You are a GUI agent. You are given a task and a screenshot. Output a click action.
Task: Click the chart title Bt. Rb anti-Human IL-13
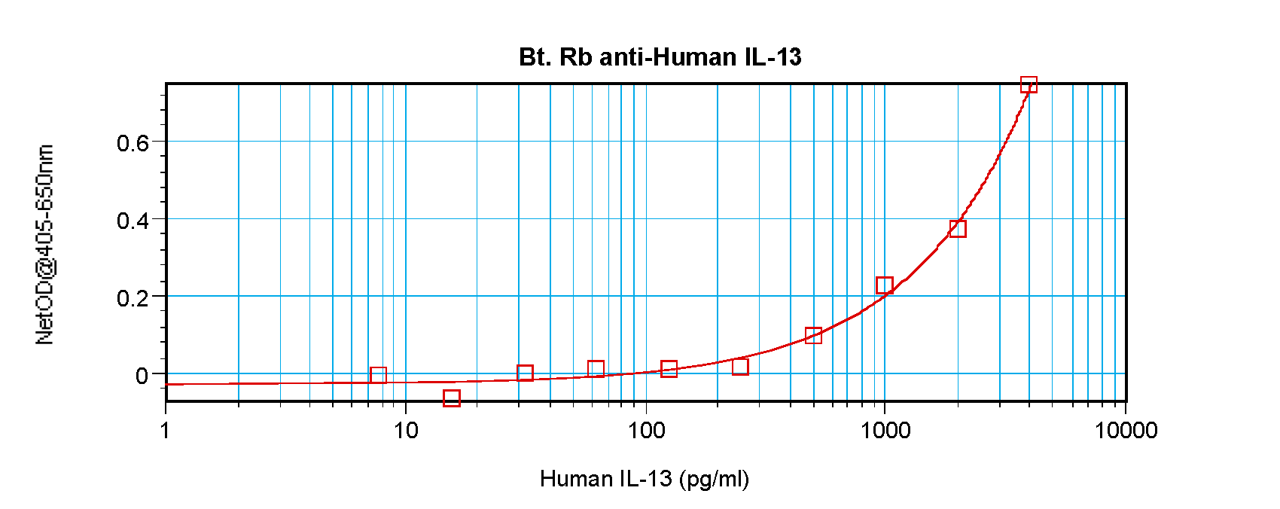coord(660,57)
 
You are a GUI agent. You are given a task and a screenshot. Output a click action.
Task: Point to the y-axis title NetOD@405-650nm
coord(45,245)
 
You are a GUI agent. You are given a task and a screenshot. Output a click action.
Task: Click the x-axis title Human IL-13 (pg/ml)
coord(644,479)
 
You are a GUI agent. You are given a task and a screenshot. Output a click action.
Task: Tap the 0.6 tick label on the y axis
coord(133,143)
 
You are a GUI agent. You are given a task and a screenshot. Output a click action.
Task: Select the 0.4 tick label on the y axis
coord(133,221)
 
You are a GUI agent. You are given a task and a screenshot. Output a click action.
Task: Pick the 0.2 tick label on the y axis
coord(133,299)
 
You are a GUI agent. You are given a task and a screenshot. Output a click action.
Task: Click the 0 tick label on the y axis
coord(142,376)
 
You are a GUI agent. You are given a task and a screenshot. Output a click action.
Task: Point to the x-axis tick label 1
coord(166,430)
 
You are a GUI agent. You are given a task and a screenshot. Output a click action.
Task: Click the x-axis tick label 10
coord(405,430)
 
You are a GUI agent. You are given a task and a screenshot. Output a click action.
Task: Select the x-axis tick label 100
coord(645,430)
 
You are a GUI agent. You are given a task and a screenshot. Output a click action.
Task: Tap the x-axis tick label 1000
coord(885,430)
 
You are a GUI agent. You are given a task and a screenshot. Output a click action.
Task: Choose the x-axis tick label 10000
coord(1126,430)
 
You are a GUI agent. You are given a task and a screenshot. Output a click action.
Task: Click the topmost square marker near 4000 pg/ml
coord(1029,84)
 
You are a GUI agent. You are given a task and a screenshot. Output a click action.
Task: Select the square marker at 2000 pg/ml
coord(957,228)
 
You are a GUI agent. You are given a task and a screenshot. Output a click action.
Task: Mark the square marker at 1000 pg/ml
coord(885,285)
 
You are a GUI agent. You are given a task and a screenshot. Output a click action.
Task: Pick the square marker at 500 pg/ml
coord(813,335)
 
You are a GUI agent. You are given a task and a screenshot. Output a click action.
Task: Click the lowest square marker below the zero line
coord(452,398)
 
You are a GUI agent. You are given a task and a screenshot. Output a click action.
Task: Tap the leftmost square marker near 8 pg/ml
coord(378,375)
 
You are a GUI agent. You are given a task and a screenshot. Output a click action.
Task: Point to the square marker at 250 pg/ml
coord(740,367)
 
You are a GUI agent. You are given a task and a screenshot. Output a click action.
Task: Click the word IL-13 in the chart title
coord(773,57)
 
